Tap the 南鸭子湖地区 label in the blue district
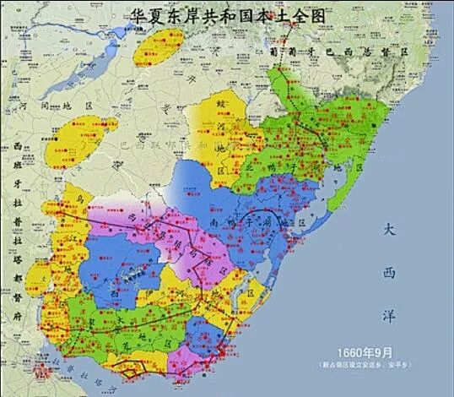[x=254, y=222]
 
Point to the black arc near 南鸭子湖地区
[x=257, y=215]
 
